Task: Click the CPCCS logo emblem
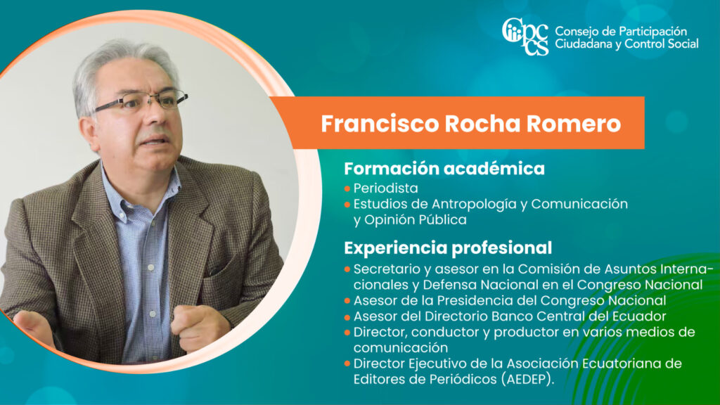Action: (x=525, y=37)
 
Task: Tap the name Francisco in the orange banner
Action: (x=380, y=124)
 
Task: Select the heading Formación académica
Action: (x=444, y=169)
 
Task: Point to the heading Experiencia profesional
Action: (x=448, y=248)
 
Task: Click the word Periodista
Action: (x=386, y=188)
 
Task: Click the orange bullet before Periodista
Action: (x=347, y=188)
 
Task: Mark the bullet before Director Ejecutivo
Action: (x=347, y=364)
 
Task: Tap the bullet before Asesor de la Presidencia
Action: (x=347, y=301)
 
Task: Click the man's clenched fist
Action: (x=199, y=327)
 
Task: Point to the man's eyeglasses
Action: (x=140, y=101)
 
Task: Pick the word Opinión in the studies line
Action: (x=390, y=220)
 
